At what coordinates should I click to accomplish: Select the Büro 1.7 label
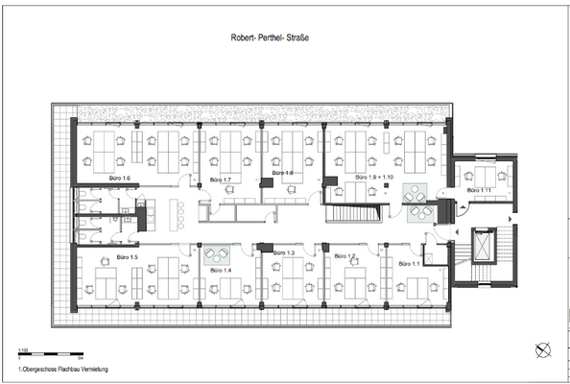click(x=221, y=180)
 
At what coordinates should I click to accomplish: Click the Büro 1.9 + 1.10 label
click(x=374, y=179)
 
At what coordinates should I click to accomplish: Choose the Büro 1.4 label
click(x=221, y=272)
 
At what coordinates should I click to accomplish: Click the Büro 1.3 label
click(x=284, y=252)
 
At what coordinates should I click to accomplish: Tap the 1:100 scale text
click(x=22, y=351)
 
